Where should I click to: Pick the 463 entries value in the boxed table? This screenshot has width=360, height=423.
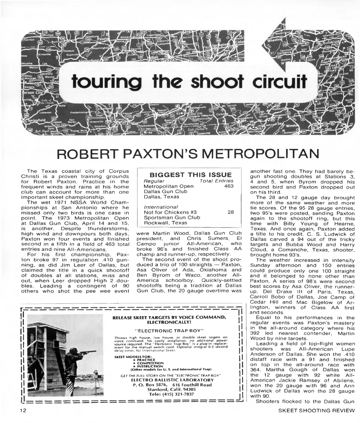point(229,186)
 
